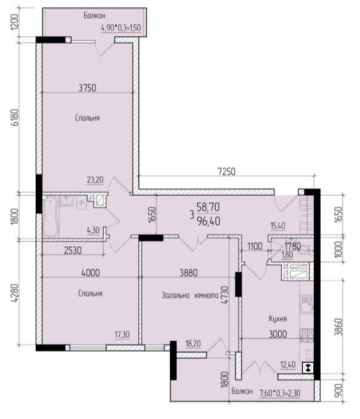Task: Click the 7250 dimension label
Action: (x=226, y=172)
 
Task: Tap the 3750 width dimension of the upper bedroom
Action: (x=87, y=88)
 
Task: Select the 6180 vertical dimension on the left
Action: (x=15, y=117)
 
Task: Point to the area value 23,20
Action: (x=95, y=180)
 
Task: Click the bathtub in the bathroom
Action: (x=50, y=216)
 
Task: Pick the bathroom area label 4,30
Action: (x=93, y=230)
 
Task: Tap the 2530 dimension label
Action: (x=73, y=250)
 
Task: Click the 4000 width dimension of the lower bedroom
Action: (x=90, y=273)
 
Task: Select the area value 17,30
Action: (x=122, y=334)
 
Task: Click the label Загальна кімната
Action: (x=190, y=295)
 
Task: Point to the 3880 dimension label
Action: (x=189, y=273)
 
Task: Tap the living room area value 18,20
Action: (x=193, y=344)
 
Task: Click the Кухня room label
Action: (x=277, y=319)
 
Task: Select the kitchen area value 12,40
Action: (x=288, y=364)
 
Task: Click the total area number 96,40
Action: (x=208, y=221)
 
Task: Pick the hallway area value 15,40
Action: (x=278, y=226)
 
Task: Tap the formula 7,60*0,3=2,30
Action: (x=280, y=393)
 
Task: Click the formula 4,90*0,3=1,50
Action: (x=121, y=27)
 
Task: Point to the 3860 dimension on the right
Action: (x=338, y=327)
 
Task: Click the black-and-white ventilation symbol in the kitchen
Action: (x=308, y=368)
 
